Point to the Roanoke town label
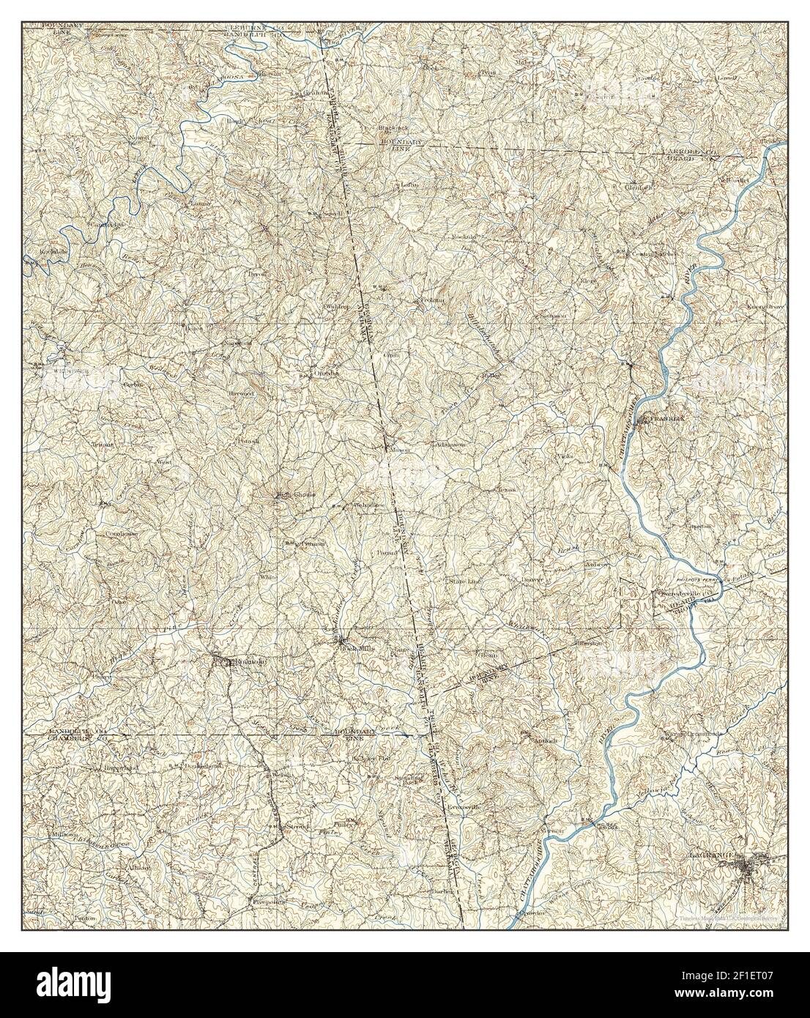pos(242,663)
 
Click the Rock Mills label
pos(352,648)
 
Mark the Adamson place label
pos(449,444)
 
